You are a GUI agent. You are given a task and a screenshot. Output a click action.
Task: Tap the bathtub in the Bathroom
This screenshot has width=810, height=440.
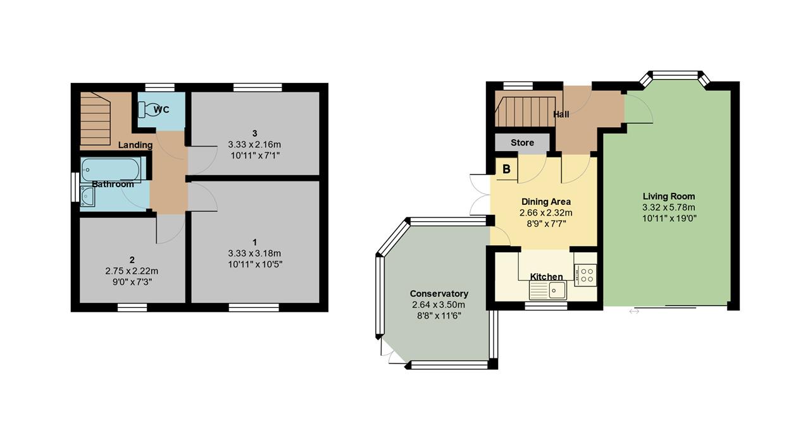coord(111,169)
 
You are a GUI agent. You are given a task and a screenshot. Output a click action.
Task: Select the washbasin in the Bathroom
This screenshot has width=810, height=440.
coord(88,196)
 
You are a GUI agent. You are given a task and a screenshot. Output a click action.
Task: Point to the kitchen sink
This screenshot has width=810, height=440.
coord(548,290)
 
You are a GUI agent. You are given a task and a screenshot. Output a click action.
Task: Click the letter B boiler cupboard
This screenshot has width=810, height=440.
coord(507,169)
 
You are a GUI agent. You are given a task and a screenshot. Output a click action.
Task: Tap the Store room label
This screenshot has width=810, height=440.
coord(522,143)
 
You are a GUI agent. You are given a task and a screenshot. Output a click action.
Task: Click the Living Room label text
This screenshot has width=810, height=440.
coord(669,197)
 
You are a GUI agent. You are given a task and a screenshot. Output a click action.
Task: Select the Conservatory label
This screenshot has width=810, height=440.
coord(439,294)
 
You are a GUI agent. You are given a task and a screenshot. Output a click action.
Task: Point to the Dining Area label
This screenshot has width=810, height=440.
coord(546,202)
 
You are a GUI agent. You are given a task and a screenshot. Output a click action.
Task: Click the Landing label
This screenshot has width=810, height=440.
coord(135,145)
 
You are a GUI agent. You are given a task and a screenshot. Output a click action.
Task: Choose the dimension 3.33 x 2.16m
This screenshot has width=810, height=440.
coord(254,145)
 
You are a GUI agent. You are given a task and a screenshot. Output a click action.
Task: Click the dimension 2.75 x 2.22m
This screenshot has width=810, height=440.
coord(132,271)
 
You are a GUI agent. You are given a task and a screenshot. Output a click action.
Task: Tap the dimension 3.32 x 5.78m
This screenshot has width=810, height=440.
coord(669,207)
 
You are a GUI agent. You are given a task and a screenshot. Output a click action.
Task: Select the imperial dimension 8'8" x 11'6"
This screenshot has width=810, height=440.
coord(439,316)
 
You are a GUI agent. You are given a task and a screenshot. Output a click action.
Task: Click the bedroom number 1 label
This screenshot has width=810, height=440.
coord(255,242)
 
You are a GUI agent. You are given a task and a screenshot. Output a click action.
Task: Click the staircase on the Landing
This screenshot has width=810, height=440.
coord(96,119)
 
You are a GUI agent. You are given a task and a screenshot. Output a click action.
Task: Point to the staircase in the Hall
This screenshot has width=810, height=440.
coord(525,112)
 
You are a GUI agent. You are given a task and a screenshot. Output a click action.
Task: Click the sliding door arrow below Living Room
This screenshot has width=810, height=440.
coord(634,312)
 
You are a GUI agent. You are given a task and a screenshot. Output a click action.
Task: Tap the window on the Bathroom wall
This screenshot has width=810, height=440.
coord(75,186)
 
